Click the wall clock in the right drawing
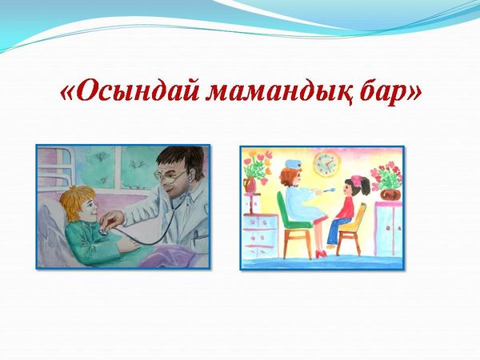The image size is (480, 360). pos(327,164)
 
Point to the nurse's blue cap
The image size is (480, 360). pos(292,164)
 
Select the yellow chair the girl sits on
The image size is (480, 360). pos(351,228)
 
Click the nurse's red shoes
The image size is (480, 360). pos(321,254)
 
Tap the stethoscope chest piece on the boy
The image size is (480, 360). pos(103,231)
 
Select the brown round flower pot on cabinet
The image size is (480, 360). pos(390,194)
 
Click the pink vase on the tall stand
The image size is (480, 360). pos(250,186)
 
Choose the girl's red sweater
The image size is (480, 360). pos(346,207)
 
